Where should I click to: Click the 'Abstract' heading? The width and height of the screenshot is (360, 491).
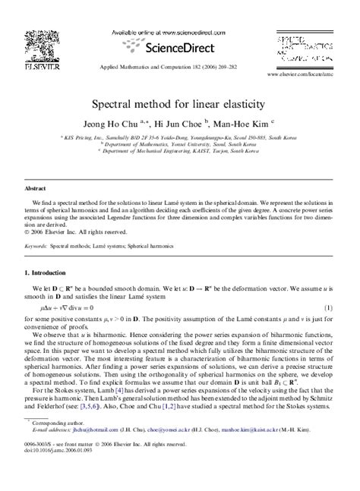[x=36, y=186]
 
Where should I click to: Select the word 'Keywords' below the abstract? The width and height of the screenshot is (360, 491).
[x=38, y=247]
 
